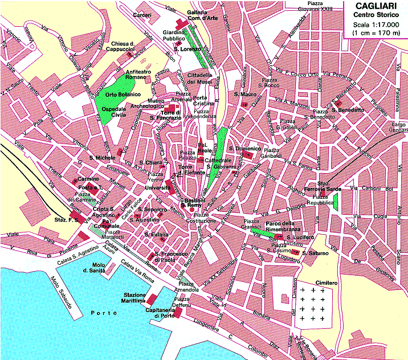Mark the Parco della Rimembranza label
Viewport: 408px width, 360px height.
point(279,227)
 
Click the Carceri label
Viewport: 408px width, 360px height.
point(142,14)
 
